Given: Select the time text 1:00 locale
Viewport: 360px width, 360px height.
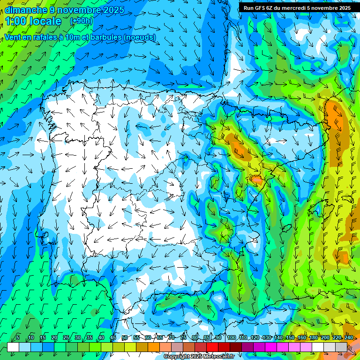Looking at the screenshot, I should coord(33,22).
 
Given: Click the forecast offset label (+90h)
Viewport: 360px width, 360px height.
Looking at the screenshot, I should coord(81,21).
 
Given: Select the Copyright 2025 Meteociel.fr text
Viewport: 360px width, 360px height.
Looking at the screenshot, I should coord(199,357).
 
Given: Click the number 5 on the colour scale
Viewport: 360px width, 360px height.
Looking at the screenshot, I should coord(18,338).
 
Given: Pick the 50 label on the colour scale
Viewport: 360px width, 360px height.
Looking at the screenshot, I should coord(125,338).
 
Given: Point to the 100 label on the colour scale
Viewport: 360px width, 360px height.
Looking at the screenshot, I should coord(231,338).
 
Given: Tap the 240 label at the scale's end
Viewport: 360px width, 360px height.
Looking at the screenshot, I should coord(348,338).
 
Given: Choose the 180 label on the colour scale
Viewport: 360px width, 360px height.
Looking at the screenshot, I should coord(313,338).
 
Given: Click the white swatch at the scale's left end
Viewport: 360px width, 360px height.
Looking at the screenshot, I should coord(13,347).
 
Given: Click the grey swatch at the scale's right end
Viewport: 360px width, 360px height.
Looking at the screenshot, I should coord(341,347).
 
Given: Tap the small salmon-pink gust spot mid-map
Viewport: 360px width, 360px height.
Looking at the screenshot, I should coord(256,179).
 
